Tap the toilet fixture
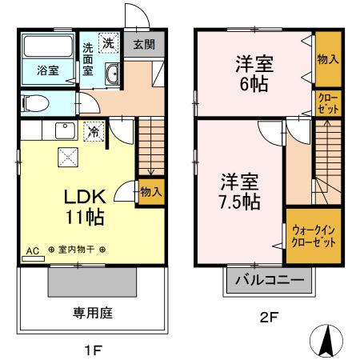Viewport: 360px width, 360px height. click(x=34, y=102)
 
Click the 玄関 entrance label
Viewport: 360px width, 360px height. click(x=144, y=45)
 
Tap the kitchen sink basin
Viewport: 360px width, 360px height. click(x=62, y=130)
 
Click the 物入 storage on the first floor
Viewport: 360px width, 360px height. click(x=150, y=191)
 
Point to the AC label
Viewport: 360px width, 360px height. click(x=33, y=251)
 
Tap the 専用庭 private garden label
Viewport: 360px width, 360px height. click(x=93, y=312)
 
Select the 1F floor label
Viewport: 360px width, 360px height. click(x=92, y=349)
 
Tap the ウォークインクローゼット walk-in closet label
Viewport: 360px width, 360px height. click(x=308, y=233)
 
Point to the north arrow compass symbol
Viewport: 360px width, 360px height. click(x=326, y=342)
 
